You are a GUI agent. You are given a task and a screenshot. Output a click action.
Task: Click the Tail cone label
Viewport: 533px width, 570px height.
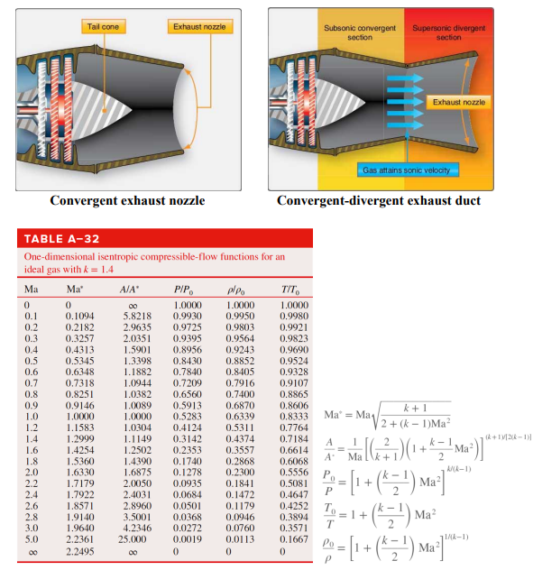(104, 27)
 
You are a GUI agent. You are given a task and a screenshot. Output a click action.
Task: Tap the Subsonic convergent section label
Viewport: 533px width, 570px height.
(359, 32)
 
